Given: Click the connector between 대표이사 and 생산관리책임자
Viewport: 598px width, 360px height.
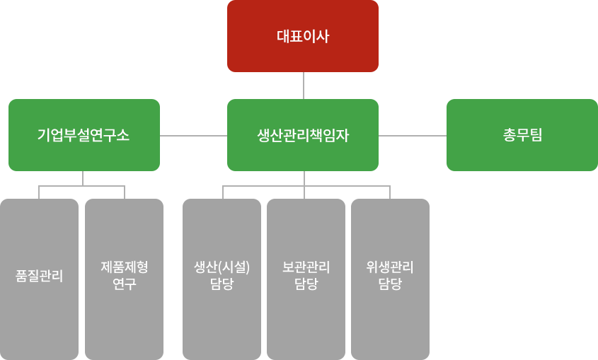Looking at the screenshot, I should tap(304, 86).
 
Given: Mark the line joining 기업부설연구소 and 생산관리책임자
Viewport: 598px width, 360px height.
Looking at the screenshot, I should tap(193, 135).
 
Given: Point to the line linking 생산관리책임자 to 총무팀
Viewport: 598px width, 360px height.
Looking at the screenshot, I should tap(412, 135).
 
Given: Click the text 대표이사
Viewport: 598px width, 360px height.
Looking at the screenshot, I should tap(302, 36).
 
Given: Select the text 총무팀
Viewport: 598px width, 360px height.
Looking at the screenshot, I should tap(522, 135).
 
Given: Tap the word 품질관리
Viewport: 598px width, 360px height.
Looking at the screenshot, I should tap(39, 276).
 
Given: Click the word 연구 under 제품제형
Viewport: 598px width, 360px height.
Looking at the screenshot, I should tap(124, 284).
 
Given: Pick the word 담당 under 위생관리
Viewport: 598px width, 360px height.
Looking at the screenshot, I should tap(390, 284).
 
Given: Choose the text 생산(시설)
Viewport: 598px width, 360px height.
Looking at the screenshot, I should tap(222, 267).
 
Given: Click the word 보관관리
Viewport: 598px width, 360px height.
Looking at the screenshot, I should tap(306, 267).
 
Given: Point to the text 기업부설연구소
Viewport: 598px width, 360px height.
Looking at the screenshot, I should tap(84, 135).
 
